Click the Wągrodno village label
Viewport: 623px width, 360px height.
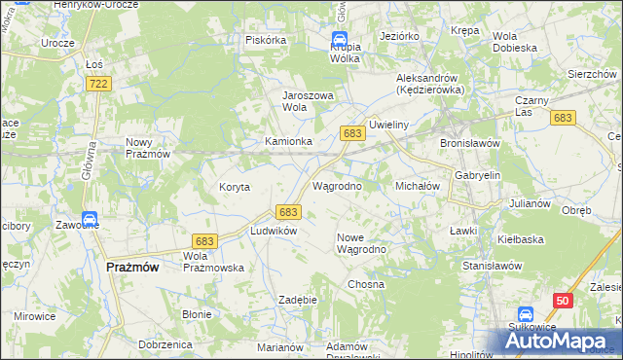(x=337, y=185)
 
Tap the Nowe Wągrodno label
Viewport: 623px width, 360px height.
(x=362, y=242)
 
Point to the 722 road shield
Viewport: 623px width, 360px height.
(x=98, y=86)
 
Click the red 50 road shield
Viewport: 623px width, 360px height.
(x=562, y=301)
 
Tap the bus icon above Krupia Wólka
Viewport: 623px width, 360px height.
(x=339, y=39)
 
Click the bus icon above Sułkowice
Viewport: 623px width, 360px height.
(x=526, y=315)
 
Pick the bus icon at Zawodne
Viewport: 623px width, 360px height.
(x=90, y=219)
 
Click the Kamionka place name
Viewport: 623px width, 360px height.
(x=289, y=141)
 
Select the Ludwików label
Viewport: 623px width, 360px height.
(x=273, y=231)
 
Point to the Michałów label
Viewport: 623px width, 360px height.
(x=419, y=185)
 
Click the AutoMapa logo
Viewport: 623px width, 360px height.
(x=560, y=341)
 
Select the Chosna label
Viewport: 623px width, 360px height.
(x=366, y=284)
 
